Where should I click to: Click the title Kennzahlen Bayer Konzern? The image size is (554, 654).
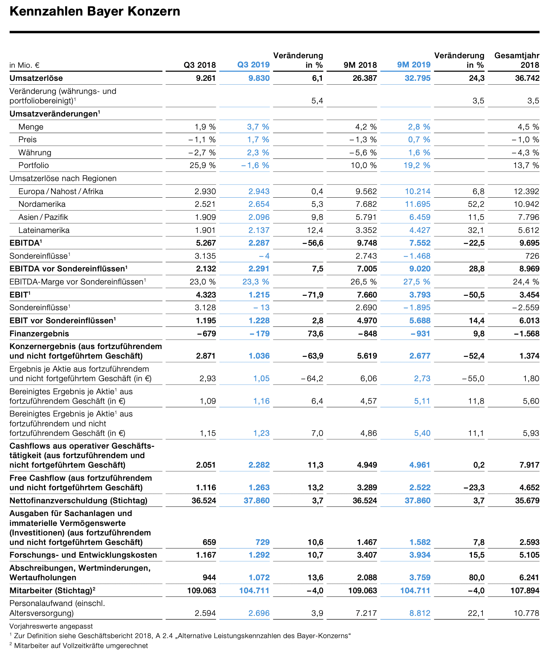point(95,11)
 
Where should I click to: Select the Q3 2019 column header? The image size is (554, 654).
point(253,65)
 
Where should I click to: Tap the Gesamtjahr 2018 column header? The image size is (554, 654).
point(517,60)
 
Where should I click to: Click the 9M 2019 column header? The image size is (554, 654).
point(414,65)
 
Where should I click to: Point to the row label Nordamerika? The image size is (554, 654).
point(42,204)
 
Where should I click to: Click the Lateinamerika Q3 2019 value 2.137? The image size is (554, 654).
point(259,230)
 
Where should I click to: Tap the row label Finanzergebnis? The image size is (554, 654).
point(39,334)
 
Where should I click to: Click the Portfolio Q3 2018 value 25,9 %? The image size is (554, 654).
point(203,165)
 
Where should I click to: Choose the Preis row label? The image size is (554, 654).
point(27,139)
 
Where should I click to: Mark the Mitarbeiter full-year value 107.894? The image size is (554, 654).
point(525,590)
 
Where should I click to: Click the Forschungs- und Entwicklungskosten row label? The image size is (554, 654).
point(83,555)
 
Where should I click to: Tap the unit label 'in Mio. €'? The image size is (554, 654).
point(24,65)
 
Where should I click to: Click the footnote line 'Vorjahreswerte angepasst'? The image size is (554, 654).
point(51,626)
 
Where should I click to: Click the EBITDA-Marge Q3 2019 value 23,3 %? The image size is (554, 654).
point(256,282)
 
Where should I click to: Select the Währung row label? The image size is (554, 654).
point(35,152)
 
